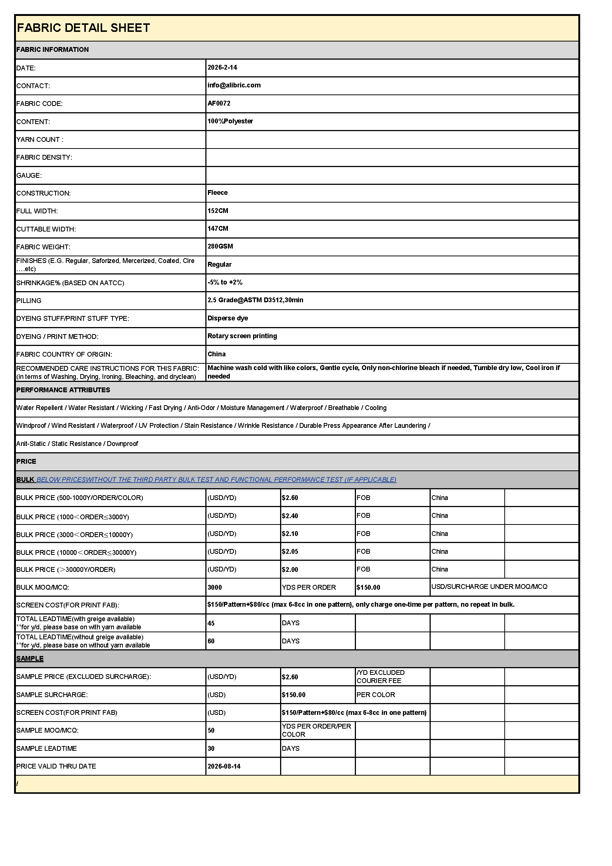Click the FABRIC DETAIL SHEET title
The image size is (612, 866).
tap(83, 28)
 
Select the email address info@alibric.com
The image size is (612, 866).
tap(234, 85)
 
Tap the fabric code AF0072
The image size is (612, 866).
tap(219, 103)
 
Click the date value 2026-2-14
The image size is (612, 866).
tap(222, 67)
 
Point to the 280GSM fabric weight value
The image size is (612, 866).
tap(221, 246)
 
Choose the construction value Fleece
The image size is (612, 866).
tap(218, 193)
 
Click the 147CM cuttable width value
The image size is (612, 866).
tap(218, 229)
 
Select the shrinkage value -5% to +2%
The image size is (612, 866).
tap(225, 282)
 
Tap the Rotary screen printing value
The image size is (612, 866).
tap(242, 336)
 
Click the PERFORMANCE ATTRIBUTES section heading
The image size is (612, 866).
tap(63, 390)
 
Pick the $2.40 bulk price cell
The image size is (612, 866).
tap(290, 516)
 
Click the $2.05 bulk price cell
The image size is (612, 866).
tap(290, 552)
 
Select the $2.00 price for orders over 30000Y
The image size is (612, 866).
tap(290, 570)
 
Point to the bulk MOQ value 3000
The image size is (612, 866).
tap(215, 587)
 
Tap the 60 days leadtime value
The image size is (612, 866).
tap(211, 641)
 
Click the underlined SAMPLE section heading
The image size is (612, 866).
tap(30, 659)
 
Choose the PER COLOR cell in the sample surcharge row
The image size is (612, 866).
tap(376, 695)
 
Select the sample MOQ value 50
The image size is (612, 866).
tap(211, 730)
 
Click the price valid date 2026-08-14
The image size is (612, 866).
tap(224, 766)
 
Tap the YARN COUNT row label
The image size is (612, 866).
tap(40, 140)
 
